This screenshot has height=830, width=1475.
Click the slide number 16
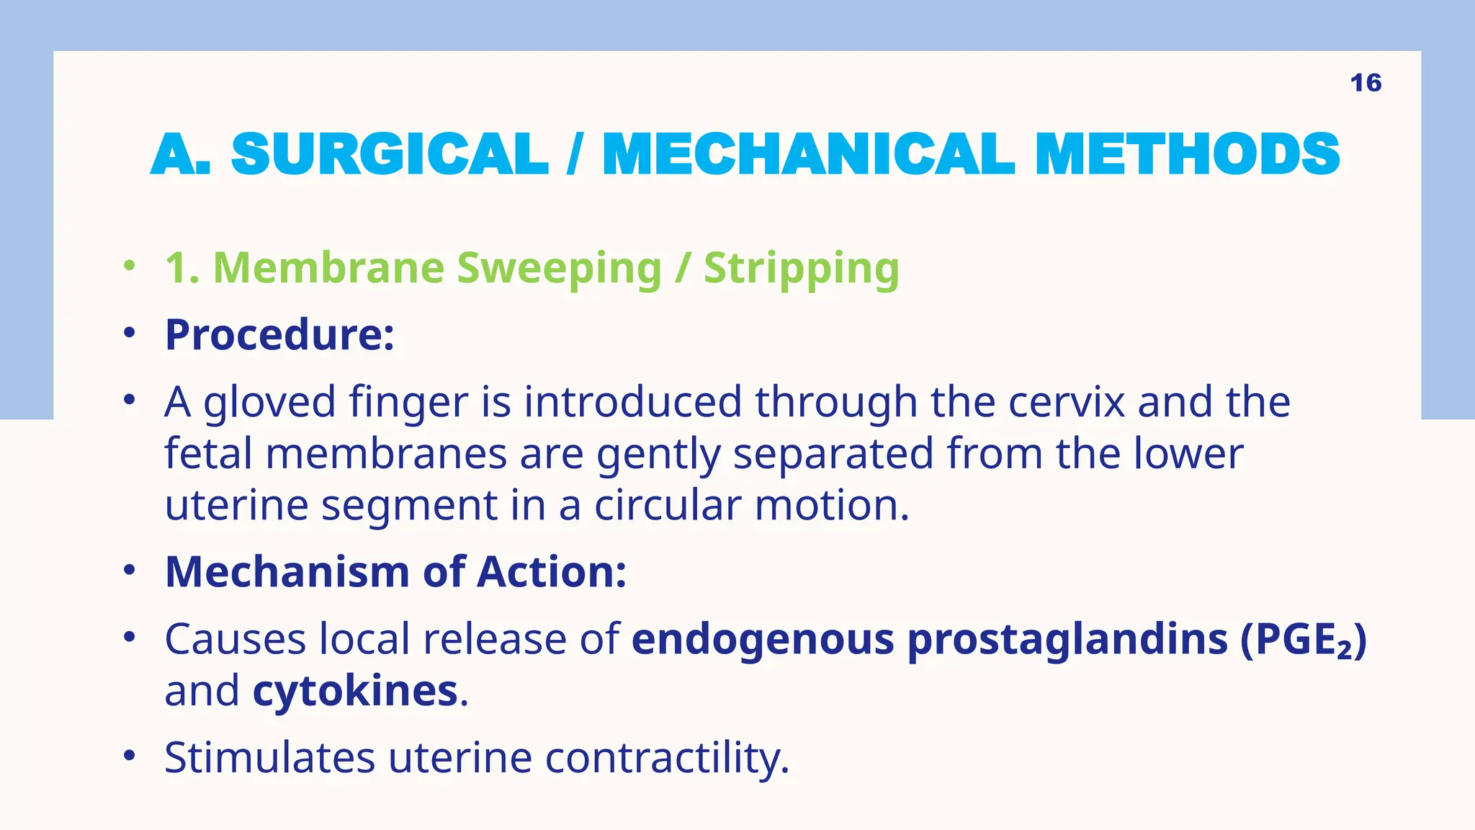pyautogui.click(x=1366, y=83)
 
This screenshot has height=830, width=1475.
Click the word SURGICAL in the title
pyautogui.click(x=390, y=154)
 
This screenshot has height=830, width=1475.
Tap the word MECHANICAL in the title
pyautogui.click(x=808, y=154)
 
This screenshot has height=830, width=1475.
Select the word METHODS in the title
pyautogui.click(x=1187, y=154)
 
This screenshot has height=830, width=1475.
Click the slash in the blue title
pyautogui.click(x=574, y=154)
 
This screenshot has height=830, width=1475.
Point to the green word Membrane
pyautogui.click(x=328, y=268)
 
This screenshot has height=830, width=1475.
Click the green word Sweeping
pyautogui.click(x=559, y=269)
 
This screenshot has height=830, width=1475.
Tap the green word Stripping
pyautogui.click(x=801, y=269)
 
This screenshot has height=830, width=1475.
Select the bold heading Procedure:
pyautogui.click(x=279, y=335)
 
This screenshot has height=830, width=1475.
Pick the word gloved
pyautogui.click(x=269, y=403)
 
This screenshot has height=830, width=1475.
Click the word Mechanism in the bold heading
pyautogui.click(x=287, y=572)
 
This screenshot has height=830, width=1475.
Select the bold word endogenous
pyautogui.click(x=763, y=640)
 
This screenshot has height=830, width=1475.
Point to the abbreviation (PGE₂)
pyautogui.click(x=1303, y=640)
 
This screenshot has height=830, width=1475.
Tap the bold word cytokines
pyautogui.click(x=355, y=691)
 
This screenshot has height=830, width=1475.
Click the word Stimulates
pyautogui.click(x=269, y=757)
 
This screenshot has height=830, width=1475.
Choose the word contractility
pyautogui.click(x=667, y=759)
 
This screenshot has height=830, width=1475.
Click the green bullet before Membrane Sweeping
pyautogui.click(x=129, y=266)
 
